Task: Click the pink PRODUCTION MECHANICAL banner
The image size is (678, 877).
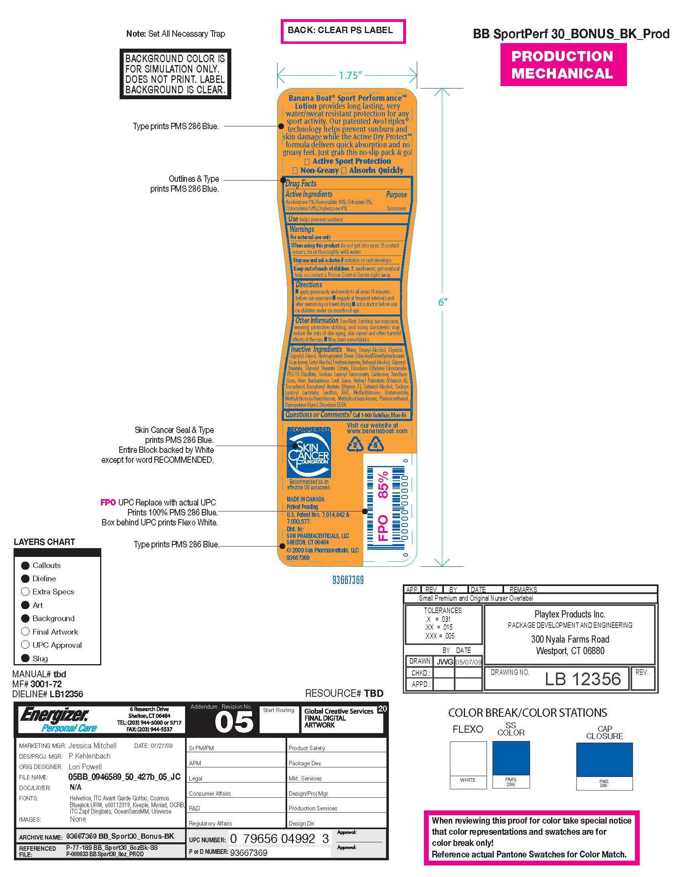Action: click(563, 65)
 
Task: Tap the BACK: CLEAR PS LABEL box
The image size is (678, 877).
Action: click(343, 31)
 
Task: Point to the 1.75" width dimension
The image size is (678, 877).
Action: click(350, 75)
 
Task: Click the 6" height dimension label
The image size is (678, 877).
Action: click(442, 303)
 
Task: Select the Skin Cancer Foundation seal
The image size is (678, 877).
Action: click(308, 454)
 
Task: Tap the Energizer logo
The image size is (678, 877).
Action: click(54, 715)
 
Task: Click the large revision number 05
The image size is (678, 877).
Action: click(234, 722)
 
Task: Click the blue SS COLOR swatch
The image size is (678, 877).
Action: click(511, 758)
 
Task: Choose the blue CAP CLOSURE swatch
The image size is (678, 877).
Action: click(604, 759)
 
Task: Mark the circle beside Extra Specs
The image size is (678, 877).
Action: click(25, 592)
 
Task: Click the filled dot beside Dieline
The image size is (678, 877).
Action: click(25, 578)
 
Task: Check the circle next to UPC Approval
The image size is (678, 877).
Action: click(25, 645)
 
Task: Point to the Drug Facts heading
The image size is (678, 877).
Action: click(301, 183)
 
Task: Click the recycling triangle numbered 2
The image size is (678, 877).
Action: click(355, 445)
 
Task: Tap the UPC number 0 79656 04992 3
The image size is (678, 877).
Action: click(279, 839)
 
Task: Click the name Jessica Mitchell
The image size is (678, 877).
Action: click(93, 746)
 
